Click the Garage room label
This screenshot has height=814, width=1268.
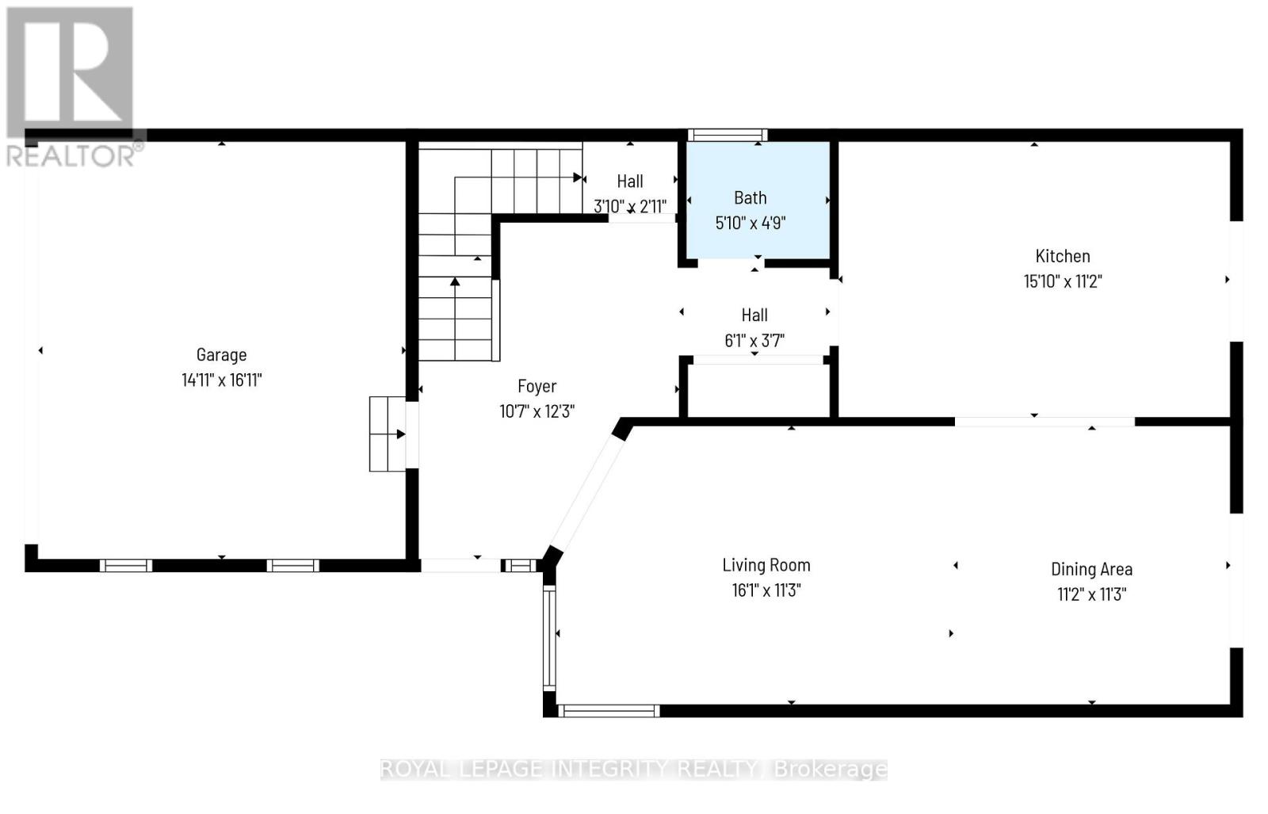click(x=221, y=354)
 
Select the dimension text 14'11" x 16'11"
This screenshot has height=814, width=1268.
click(x=221, y=380)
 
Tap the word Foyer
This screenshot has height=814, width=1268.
click(x=537, y=386)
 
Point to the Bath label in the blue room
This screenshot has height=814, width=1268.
click(x=750, y=197)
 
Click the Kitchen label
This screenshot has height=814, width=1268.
click(x=1062, y=256)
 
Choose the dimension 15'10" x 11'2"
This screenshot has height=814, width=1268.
click(x=1062, y=281)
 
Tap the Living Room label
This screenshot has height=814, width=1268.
click(x=766, y=565)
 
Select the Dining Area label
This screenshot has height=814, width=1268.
click(x=1090, y=569)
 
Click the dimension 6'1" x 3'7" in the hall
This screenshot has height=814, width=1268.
click(x=754, y=341)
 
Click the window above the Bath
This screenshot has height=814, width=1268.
click(x=727, y=135)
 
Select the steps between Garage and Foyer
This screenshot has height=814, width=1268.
click(x=387, y=434)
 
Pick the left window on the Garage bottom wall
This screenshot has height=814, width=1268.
click(x=126, y=565)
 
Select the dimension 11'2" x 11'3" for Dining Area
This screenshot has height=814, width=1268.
click(x=1090, y=594)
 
